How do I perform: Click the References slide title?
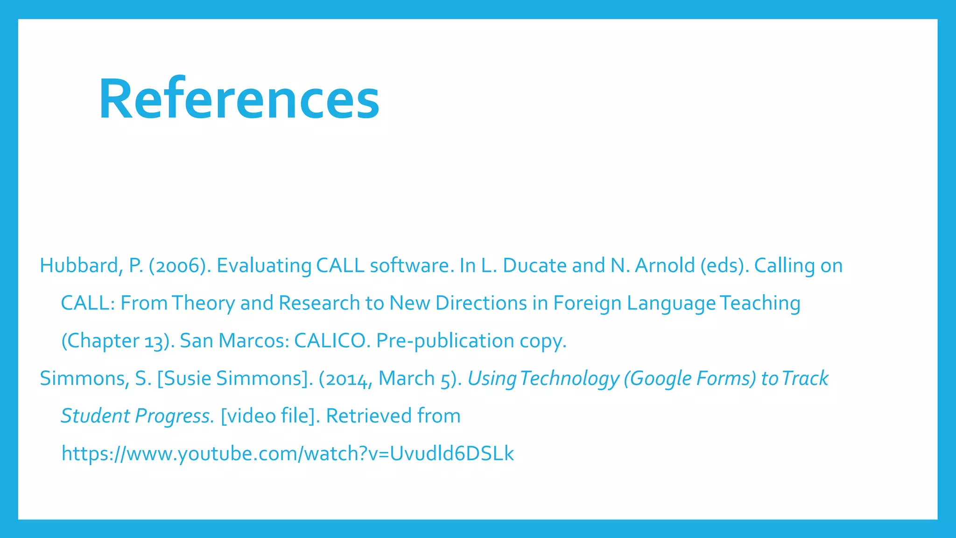point(239,99)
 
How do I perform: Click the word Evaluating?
point(264,266)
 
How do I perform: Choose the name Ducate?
point(534,266)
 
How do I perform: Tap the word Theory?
point(203,304)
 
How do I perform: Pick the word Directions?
point(481,304)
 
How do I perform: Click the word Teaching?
point(760,304)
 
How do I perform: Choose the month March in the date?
point(406,379)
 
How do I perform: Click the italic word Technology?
point(569,379)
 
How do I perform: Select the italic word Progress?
point(174,416)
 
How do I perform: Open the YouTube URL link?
point(288,453)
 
